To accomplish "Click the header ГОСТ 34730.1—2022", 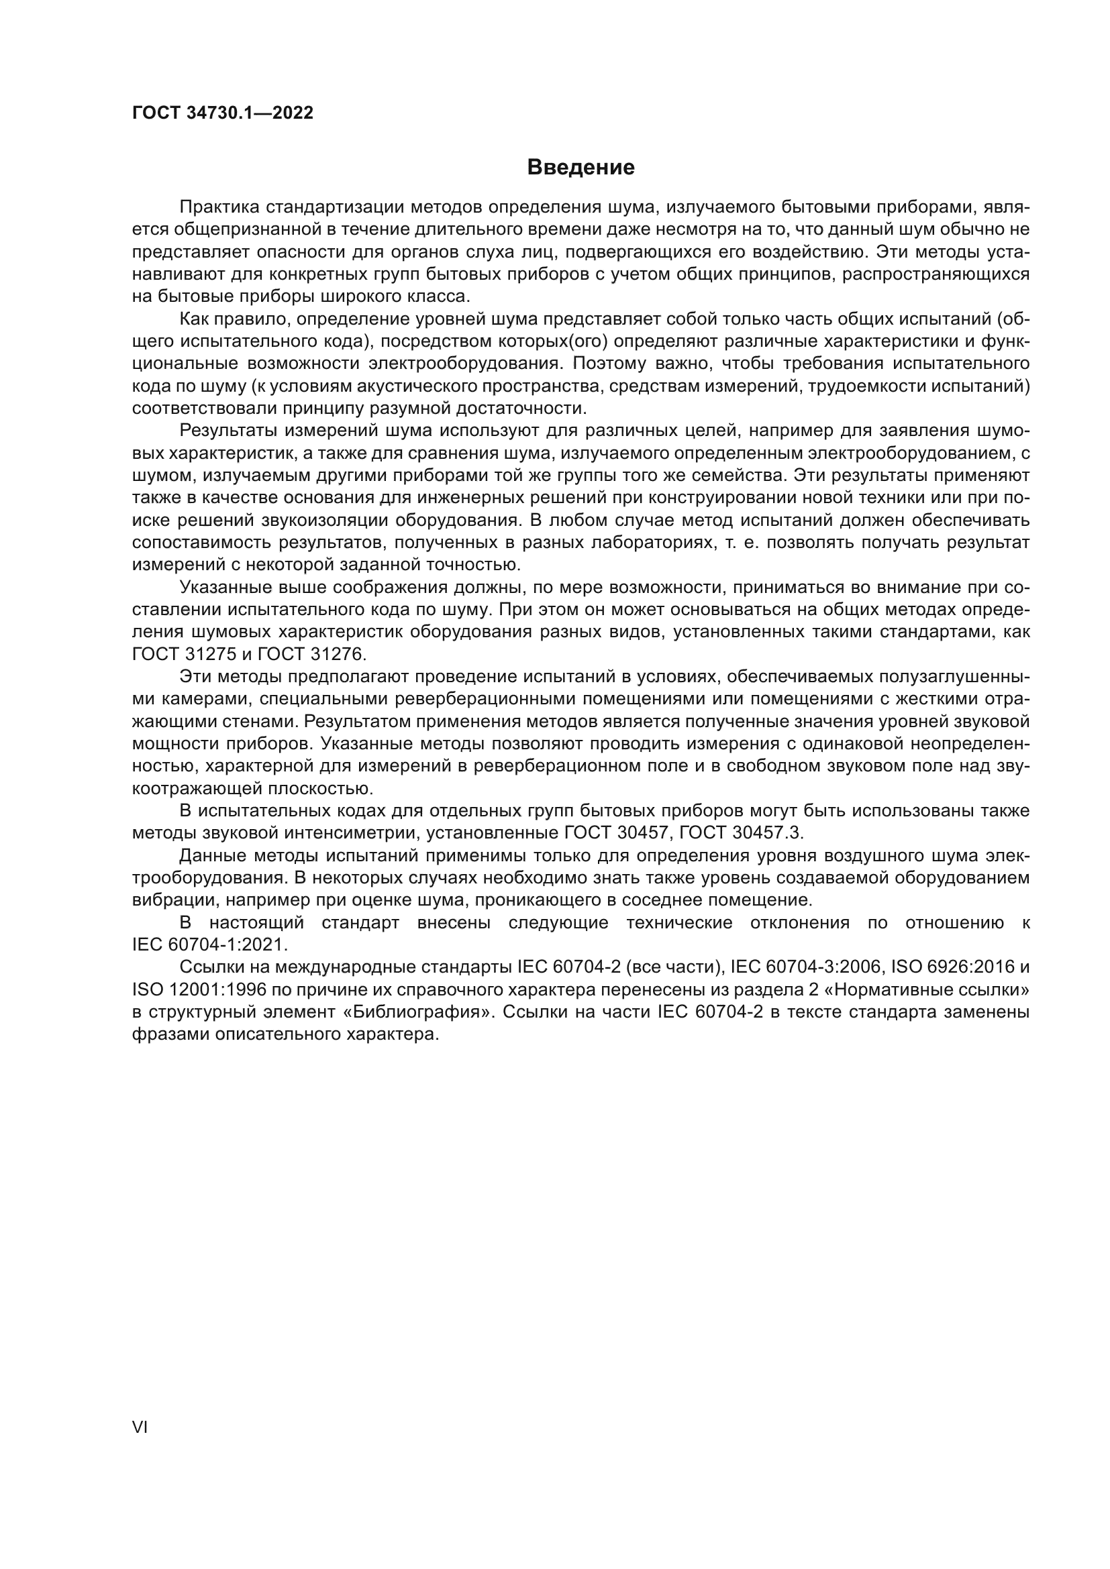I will tap(222, 113).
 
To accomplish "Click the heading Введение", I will tap(581, 168).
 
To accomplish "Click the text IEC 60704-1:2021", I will tap(210, 945).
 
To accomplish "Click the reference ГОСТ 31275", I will tap(182, 654).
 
